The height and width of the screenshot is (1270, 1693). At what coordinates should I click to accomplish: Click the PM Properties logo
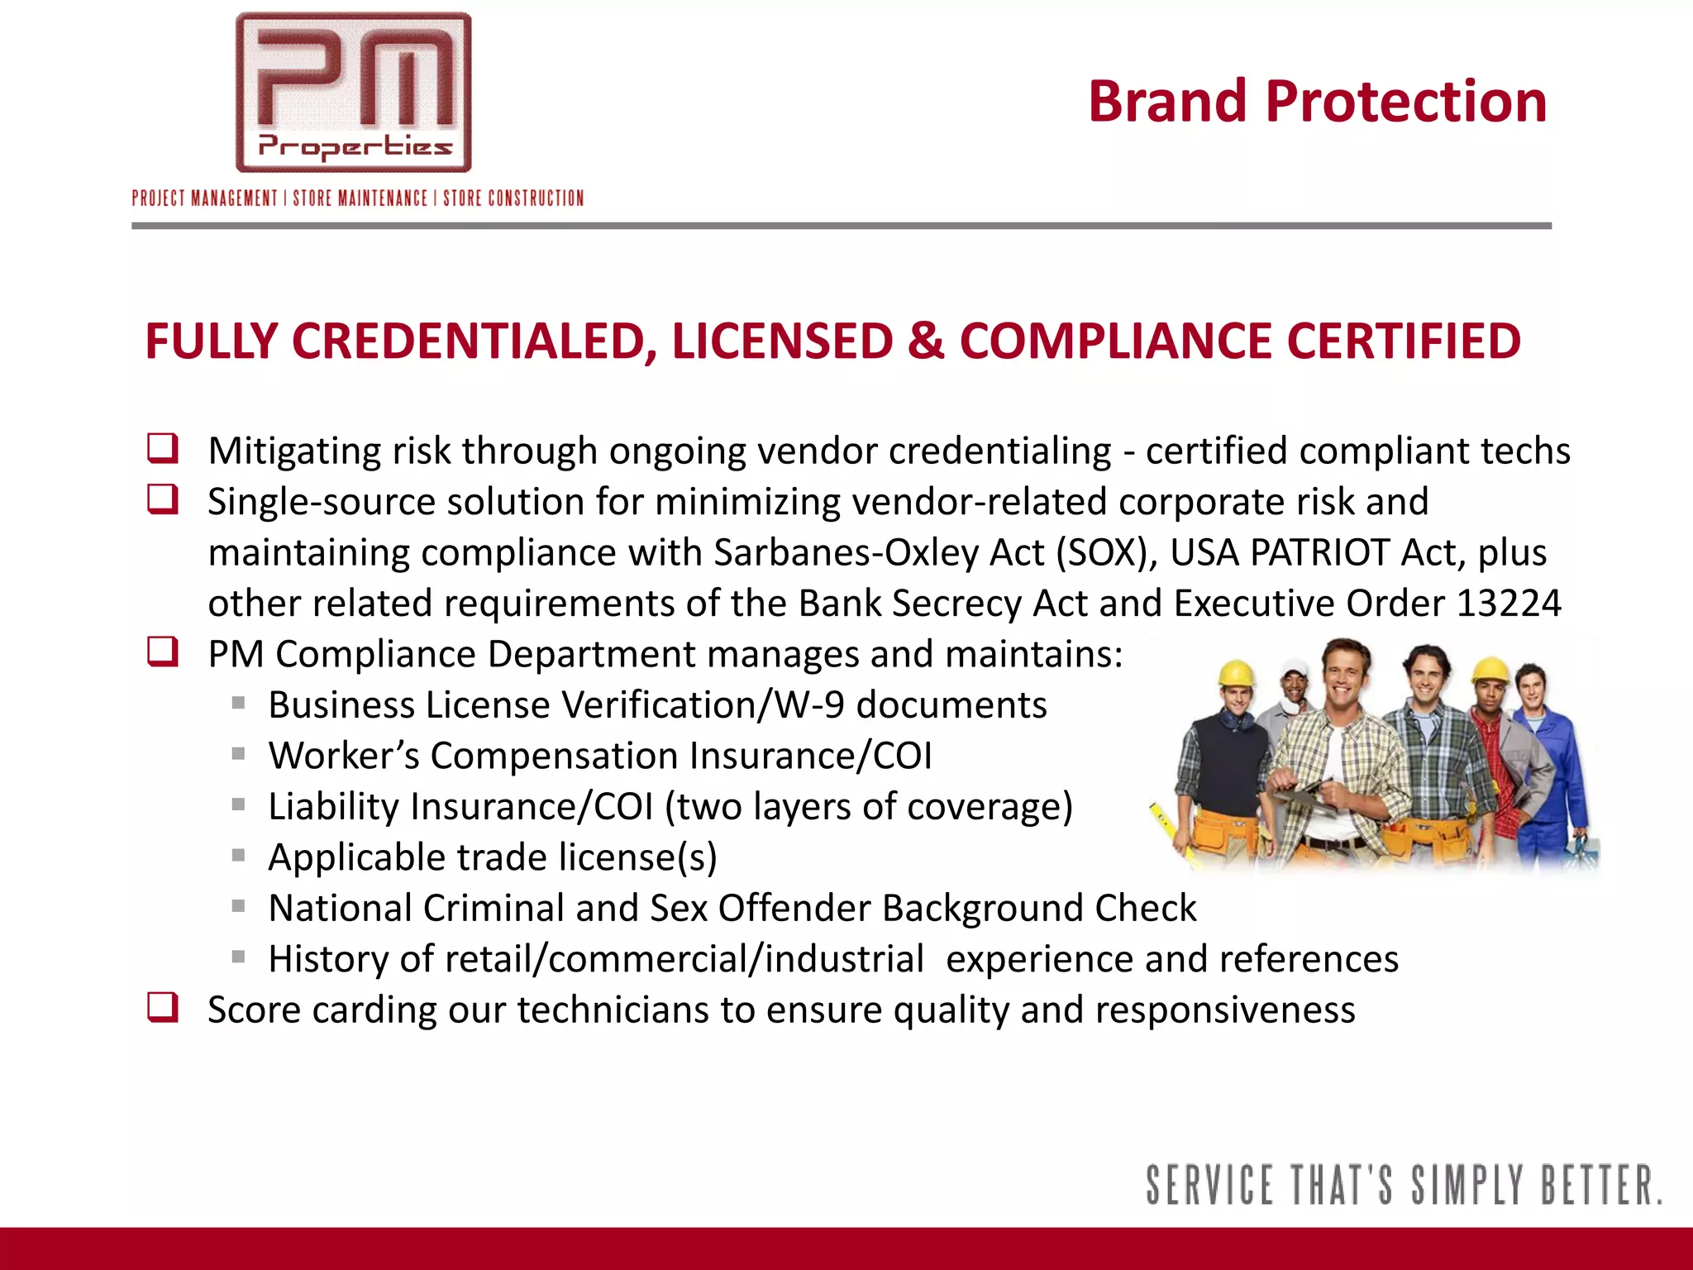pyautogui.click(x=354, y=93)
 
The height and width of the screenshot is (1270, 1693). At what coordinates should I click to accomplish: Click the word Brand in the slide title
pyautogui.click(x=1166, y=102)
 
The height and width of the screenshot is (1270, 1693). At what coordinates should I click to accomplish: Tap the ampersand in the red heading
pyautogui.click(x=925, y=341)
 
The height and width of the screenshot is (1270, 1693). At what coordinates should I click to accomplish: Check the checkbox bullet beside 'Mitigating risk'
pyautogui.click(x=163, y=449)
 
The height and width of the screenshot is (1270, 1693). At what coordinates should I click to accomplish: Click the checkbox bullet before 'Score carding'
pyautogui.click(x=163, y=1008)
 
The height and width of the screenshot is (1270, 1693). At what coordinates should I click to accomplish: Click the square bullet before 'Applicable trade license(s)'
pyautogui.click(x=239, y=856)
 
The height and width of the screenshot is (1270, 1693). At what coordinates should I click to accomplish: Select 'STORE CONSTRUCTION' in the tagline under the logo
pyautogui.click(x=513, y=198)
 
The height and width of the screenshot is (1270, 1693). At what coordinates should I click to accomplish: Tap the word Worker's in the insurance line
pyautogui.click(x=343, y=756)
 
